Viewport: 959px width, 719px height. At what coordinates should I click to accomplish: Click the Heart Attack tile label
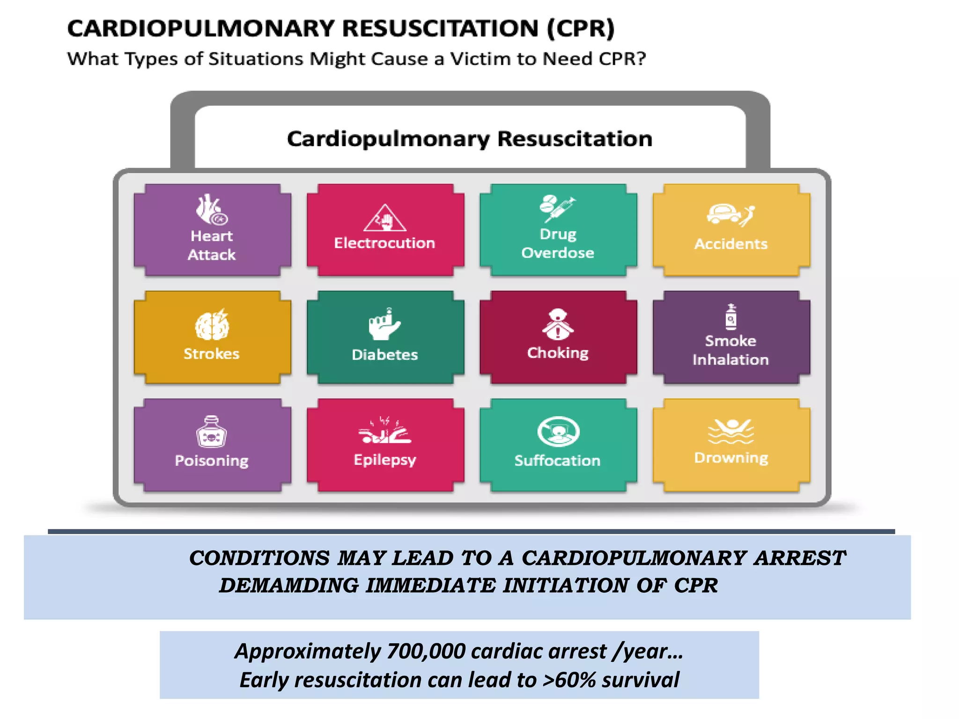(212, 245)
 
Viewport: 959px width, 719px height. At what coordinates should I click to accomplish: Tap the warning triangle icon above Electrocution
(385, 218)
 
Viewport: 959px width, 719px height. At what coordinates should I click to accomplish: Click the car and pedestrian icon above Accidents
(730, 215)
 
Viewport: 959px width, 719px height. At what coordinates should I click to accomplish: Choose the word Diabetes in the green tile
(385, 355)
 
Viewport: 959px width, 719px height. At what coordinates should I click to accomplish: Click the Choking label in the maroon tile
(558, 352)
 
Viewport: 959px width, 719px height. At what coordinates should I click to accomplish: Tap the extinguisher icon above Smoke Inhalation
(731, 317)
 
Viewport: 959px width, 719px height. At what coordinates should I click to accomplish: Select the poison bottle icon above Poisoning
(212, 432)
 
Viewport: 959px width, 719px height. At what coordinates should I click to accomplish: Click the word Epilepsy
(385, 460)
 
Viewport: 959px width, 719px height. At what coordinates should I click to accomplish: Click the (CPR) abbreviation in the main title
(581, 28)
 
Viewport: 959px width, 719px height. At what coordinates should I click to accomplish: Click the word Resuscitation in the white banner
(575, 139)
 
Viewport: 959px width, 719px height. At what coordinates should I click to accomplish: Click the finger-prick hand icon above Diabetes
(384, 324)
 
